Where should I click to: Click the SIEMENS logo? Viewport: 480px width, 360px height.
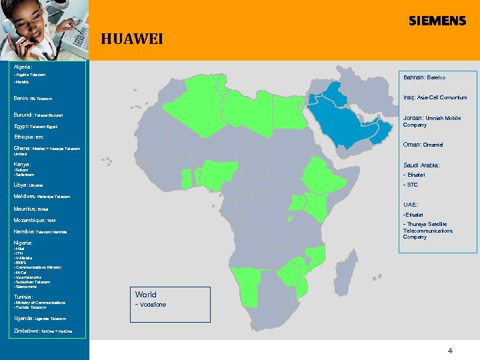click(437, 21)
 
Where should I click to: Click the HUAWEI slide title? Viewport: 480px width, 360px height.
click(131, 39)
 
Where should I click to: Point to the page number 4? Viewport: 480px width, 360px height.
click(450, 350)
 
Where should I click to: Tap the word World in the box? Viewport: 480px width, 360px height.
click(145, 295)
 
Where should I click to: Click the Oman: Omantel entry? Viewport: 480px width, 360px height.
click(423, 145)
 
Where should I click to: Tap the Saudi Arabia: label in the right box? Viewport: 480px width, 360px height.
click(421, 165)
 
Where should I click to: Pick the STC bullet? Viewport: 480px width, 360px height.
click(411, 185)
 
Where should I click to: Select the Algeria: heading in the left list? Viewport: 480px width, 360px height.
click(23, 67)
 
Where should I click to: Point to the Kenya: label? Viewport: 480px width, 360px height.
click(22, 164)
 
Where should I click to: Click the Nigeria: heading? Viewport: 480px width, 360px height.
click(23, 243)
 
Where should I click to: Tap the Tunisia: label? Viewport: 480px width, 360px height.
click(23, 297)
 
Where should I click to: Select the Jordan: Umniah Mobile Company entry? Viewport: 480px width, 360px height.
click(432, 121)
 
